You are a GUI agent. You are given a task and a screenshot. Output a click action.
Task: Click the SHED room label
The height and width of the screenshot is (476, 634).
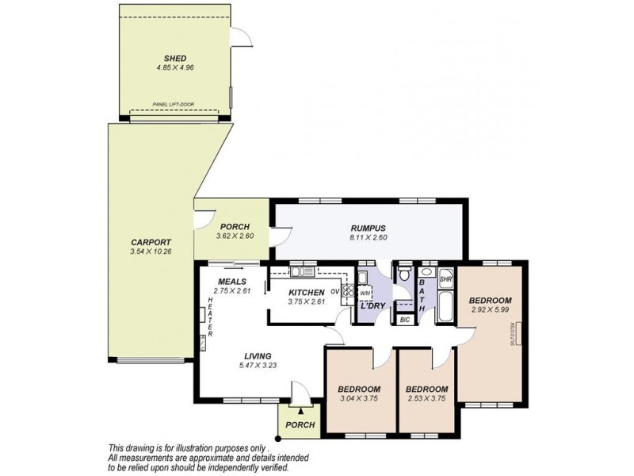tap(175, 58)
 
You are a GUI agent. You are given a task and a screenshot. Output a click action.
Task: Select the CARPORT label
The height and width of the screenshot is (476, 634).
tap(151, 242)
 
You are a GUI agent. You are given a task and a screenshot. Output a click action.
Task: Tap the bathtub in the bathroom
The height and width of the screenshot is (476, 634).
tap(445, 308)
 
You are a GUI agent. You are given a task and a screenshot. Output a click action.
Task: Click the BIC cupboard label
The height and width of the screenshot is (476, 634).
tap(404, 320)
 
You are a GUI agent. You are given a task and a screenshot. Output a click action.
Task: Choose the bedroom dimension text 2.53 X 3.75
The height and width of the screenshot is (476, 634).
tap(426, 399)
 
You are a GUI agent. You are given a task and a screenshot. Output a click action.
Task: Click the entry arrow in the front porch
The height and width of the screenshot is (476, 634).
tap(301, 411)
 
